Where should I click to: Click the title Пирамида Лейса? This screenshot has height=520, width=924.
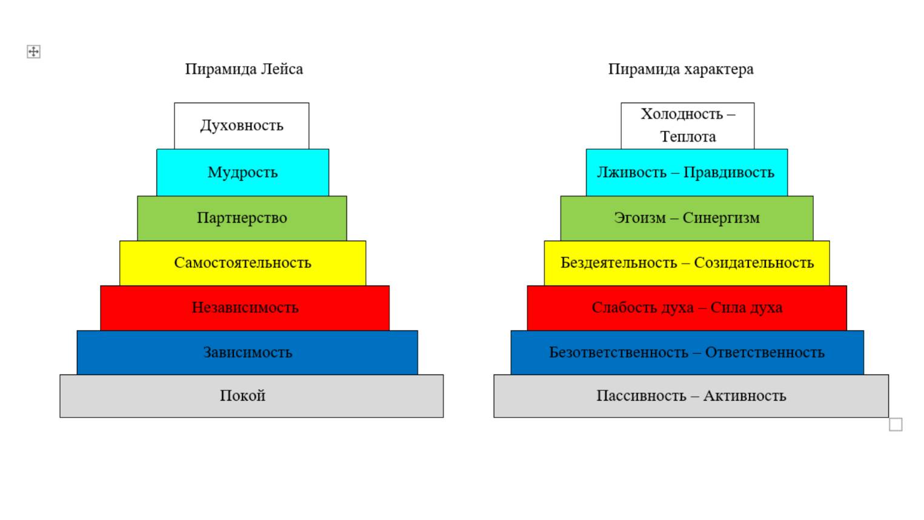(x=244, y=69)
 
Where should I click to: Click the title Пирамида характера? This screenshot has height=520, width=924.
(x=680, y=69)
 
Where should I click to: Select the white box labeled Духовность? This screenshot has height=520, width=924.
(x=242, y=126)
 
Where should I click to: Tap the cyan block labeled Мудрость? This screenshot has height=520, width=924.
(x=242, y=173)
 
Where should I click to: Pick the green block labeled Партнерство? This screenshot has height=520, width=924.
(x=242, y=218)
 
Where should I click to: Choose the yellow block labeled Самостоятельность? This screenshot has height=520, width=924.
(x=242, y=263)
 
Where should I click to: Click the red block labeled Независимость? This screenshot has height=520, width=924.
(x=245, y=308)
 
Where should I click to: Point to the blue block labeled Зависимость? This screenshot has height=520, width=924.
(x=247, y=353)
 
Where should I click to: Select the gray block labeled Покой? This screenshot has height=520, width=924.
(x=251, y=396)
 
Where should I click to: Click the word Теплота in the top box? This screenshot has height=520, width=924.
(x=688, y=136)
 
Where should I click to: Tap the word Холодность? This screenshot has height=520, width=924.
(x=682, y=114)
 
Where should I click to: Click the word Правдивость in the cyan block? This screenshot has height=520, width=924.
(x=729, y=173)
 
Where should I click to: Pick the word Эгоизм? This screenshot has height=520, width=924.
(x=640, y=218)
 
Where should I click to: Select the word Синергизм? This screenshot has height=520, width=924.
(x=721, y=218)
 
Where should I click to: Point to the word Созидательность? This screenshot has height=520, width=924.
(x=754, y=263)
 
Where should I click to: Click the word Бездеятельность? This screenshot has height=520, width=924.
(x=619, y=263)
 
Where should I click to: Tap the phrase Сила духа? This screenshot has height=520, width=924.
(x=746, y=308)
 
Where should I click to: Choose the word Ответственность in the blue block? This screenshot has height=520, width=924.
(x=765, y=353)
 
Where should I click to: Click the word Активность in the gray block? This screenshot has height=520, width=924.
(x=745, y=396)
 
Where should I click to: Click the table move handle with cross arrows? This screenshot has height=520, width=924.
(x=33, y=52)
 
